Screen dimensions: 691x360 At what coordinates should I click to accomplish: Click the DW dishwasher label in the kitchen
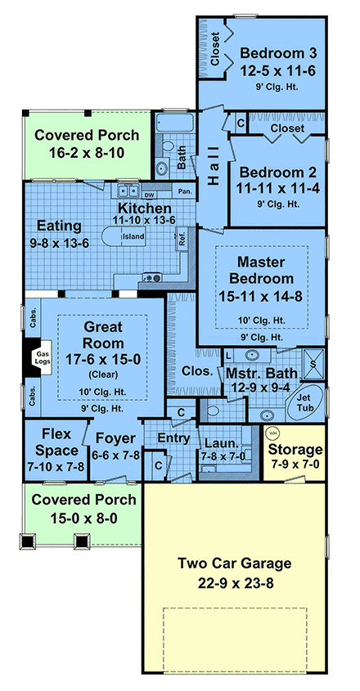click(x=149, y=195)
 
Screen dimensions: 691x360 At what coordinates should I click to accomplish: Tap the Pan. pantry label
click(x=185, y=192)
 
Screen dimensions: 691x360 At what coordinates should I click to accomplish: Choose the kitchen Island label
click(x=133, y=237)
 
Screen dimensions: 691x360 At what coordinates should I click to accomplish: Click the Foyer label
click(x=115, y=437)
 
